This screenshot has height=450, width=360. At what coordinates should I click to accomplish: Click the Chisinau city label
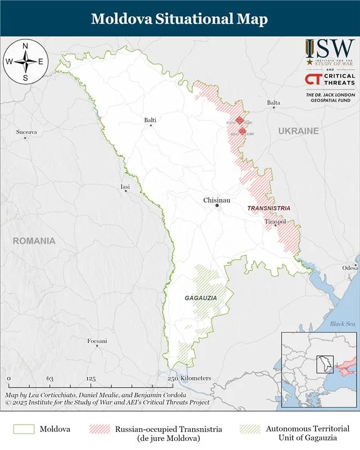coord(217,200)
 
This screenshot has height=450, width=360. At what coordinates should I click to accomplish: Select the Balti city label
coord(150,120)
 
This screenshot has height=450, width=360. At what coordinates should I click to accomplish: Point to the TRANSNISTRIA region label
coord(269,208)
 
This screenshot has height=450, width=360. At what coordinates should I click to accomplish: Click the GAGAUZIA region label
coord(201,297)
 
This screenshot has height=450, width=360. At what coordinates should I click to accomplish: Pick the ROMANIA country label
coord(34,241)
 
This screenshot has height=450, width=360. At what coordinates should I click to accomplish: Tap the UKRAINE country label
coord(298,131)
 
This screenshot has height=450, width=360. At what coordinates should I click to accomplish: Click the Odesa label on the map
coord(350,268)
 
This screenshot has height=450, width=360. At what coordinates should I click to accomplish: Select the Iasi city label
coord(125,186)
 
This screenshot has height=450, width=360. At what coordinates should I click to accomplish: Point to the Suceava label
coord(26,132)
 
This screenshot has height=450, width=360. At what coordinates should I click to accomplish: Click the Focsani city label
coord(97,341)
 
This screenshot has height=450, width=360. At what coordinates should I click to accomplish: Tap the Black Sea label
coord(342,323)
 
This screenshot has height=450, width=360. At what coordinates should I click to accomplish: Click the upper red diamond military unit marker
coord(240,120)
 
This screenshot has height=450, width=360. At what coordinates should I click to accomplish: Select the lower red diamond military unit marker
coord(242,132)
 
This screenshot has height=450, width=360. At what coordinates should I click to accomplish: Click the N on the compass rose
coord(25,46)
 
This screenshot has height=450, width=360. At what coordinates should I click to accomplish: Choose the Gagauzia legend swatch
coord(250,430)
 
